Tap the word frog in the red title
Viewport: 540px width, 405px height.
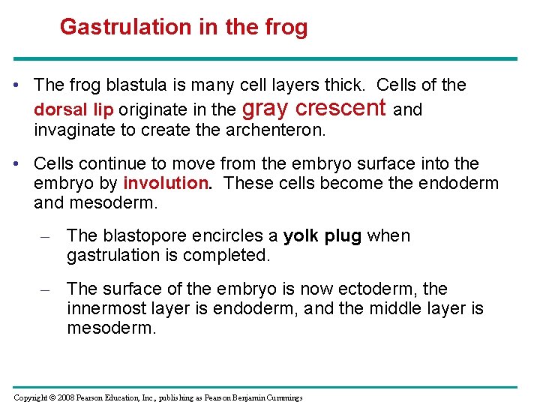(x=285, y=27)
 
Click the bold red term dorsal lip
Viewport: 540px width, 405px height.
(x=73, y=109)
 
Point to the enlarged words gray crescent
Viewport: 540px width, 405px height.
(x=315, y=108)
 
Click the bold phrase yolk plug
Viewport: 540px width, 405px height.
(x=322, y=236)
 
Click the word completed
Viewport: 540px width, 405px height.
(x=232, y=256)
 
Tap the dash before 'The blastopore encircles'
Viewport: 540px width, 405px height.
(x=46, y=237)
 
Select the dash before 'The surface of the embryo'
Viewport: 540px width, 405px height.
(x=46, y=289)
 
